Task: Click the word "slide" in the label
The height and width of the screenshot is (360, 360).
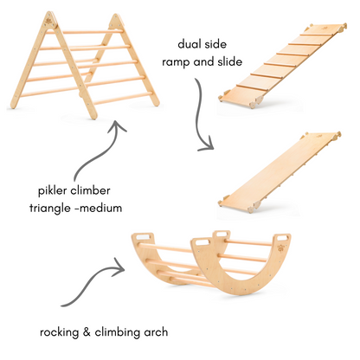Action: [x=229, y=61]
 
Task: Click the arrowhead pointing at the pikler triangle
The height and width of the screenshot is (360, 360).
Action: [x=117, y=125]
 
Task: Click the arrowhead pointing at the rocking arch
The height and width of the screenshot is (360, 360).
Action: [x=119, y=267]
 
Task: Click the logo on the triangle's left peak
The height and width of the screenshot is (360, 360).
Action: [x=49, y=21]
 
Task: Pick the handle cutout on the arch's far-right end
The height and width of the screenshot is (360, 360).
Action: [x=283, y=238]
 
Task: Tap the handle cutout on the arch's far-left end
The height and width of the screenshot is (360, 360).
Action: [x=144, y=237]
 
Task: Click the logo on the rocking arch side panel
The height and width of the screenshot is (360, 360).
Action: [x=280, y=248]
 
